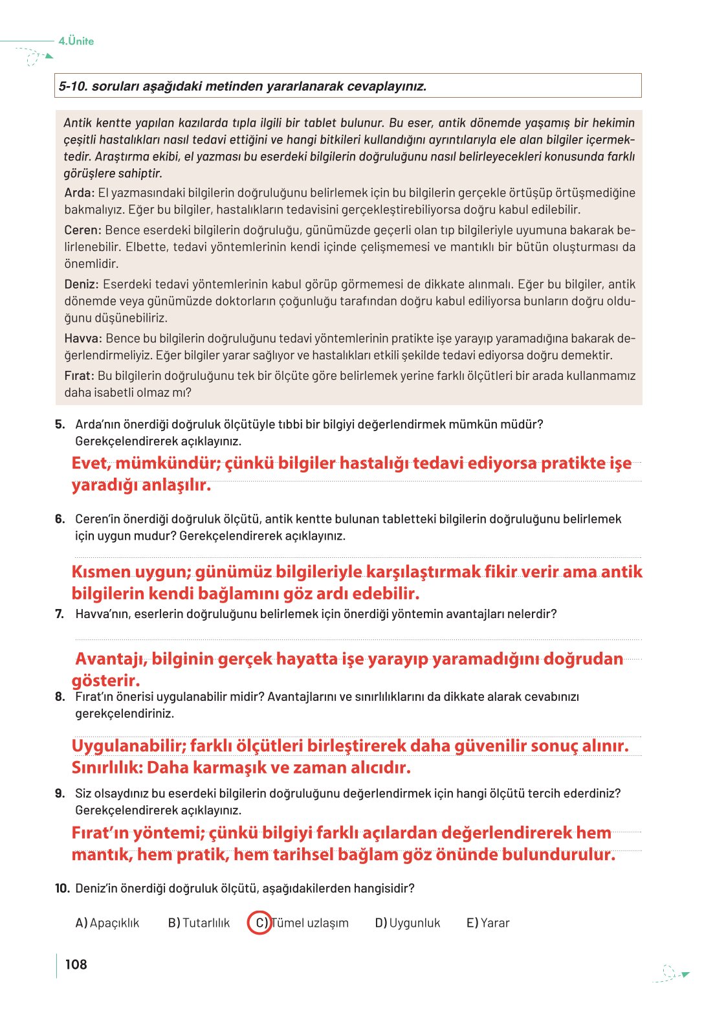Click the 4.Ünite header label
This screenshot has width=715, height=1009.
coord(76,41)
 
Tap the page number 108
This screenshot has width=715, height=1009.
coord(76,964)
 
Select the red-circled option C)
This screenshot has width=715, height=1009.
coord(260,923)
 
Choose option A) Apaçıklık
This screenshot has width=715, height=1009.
coord(107,923)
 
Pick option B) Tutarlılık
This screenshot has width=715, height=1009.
coord(199,923)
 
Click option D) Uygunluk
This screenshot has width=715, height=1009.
coord(408,923)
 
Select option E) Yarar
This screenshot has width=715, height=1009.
coord(488,923)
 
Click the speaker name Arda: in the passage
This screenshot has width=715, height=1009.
coord(79,193)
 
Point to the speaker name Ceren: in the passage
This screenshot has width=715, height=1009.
coord(83,230)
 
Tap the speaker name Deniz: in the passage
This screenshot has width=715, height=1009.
coord(82,285)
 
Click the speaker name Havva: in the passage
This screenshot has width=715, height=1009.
coord(83,338)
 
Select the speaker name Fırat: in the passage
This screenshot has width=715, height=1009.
coord(79,376)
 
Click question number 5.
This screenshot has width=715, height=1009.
coord(60,425)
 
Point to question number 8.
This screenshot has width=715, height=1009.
coord(60,697)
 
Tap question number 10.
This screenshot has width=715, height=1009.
coord(62,889)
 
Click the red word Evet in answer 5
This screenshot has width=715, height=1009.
coord(91,463)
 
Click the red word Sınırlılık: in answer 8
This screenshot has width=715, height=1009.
coord(107,768)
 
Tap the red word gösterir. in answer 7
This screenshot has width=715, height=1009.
coord(105,681)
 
